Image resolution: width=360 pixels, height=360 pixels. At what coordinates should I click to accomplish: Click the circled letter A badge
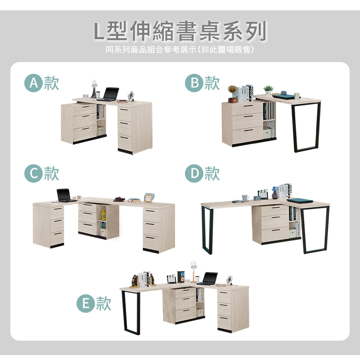pos(33,83)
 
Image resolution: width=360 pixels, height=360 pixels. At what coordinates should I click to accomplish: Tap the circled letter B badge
pos(194,83)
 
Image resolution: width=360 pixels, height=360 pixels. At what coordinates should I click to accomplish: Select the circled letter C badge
pos(33,173)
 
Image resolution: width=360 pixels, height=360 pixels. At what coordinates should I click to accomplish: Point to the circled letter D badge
pos(194,173)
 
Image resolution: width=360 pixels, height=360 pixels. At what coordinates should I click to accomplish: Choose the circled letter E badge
pos(85,303)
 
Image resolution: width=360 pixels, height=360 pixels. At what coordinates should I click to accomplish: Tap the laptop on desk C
pos(65,195)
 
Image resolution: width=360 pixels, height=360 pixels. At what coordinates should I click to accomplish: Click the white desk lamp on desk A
pos(94,89)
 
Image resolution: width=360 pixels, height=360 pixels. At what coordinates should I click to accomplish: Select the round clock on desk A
pos(131,96)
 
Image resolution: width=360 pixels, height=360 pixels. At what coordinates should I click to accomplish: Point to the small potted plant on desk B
pos(268,90)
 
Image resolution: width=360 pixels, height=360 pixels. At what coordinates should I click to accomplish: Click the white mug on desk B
pos(297,96)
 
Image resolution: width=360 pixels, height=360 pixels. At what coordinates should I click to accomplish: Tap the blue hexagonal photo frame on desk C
pos(149,198)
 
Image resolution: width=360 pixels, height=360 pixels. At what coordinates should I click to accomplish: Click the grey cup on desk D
pos(245,198)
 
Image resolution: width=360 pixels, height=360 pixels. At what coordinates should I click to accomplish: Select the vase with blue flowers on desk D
pos(275,193)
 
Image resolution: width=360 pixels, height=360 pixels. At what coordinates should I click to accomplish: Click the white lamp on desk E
pos(194,272)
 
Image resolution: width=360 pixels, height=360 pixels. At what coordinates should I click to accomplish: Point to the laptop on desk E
pos(208,279)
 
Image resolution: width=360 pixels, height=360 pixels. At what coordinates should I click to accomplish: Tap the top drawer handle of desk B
pos(248,106)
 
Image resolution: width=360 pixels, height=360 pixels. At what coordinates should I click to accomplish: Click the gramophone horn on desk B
pos(232,89)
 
